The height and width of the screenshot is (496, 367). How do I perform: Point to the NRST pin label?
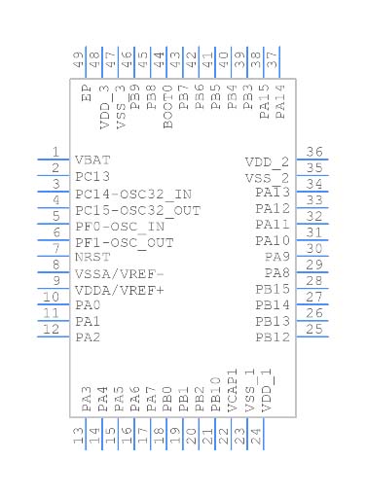92,258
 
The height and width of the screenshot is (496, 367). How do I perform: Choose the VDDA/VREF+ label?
119,290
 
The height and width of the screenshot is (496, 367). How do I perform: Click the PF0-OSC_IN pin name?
120,226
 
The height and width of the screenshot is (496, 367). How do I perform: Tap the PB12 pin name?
273,337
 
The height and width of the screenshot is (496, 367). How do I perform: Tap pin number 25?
313,329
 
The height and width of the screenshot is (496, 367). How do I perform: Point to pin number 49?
79,59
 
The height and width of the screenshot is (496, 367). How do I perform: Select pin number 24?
255,437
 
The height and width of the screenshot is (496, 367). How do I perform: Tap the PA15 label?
265,101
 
